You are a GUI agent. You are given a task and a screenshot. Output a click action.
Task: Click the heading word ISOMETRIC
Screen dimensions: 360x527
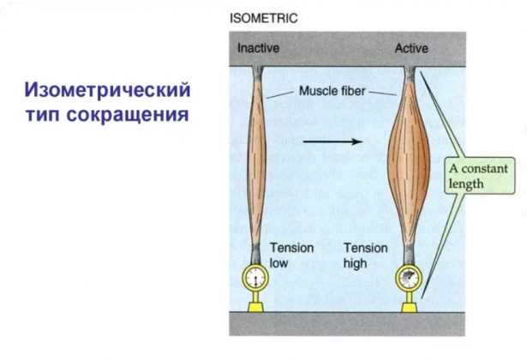coord(262,16)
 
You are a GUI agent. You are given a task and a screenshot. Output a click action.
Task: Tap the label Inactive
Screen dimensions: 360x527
coord(258,48)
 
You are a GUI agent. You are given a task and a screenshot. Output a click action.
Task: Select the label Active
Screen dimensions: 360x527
coord(410,48)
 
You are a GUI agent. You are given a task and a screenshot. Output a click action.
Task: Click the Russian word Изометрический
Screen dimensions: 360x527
coord(108,90)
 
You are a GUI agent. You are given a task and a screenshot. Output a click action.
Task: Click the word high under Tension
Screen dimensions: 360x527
coord(356,263)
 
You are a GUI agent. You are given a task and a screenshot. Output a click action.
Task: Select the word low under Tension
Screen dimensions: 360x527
coord(279,263)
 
